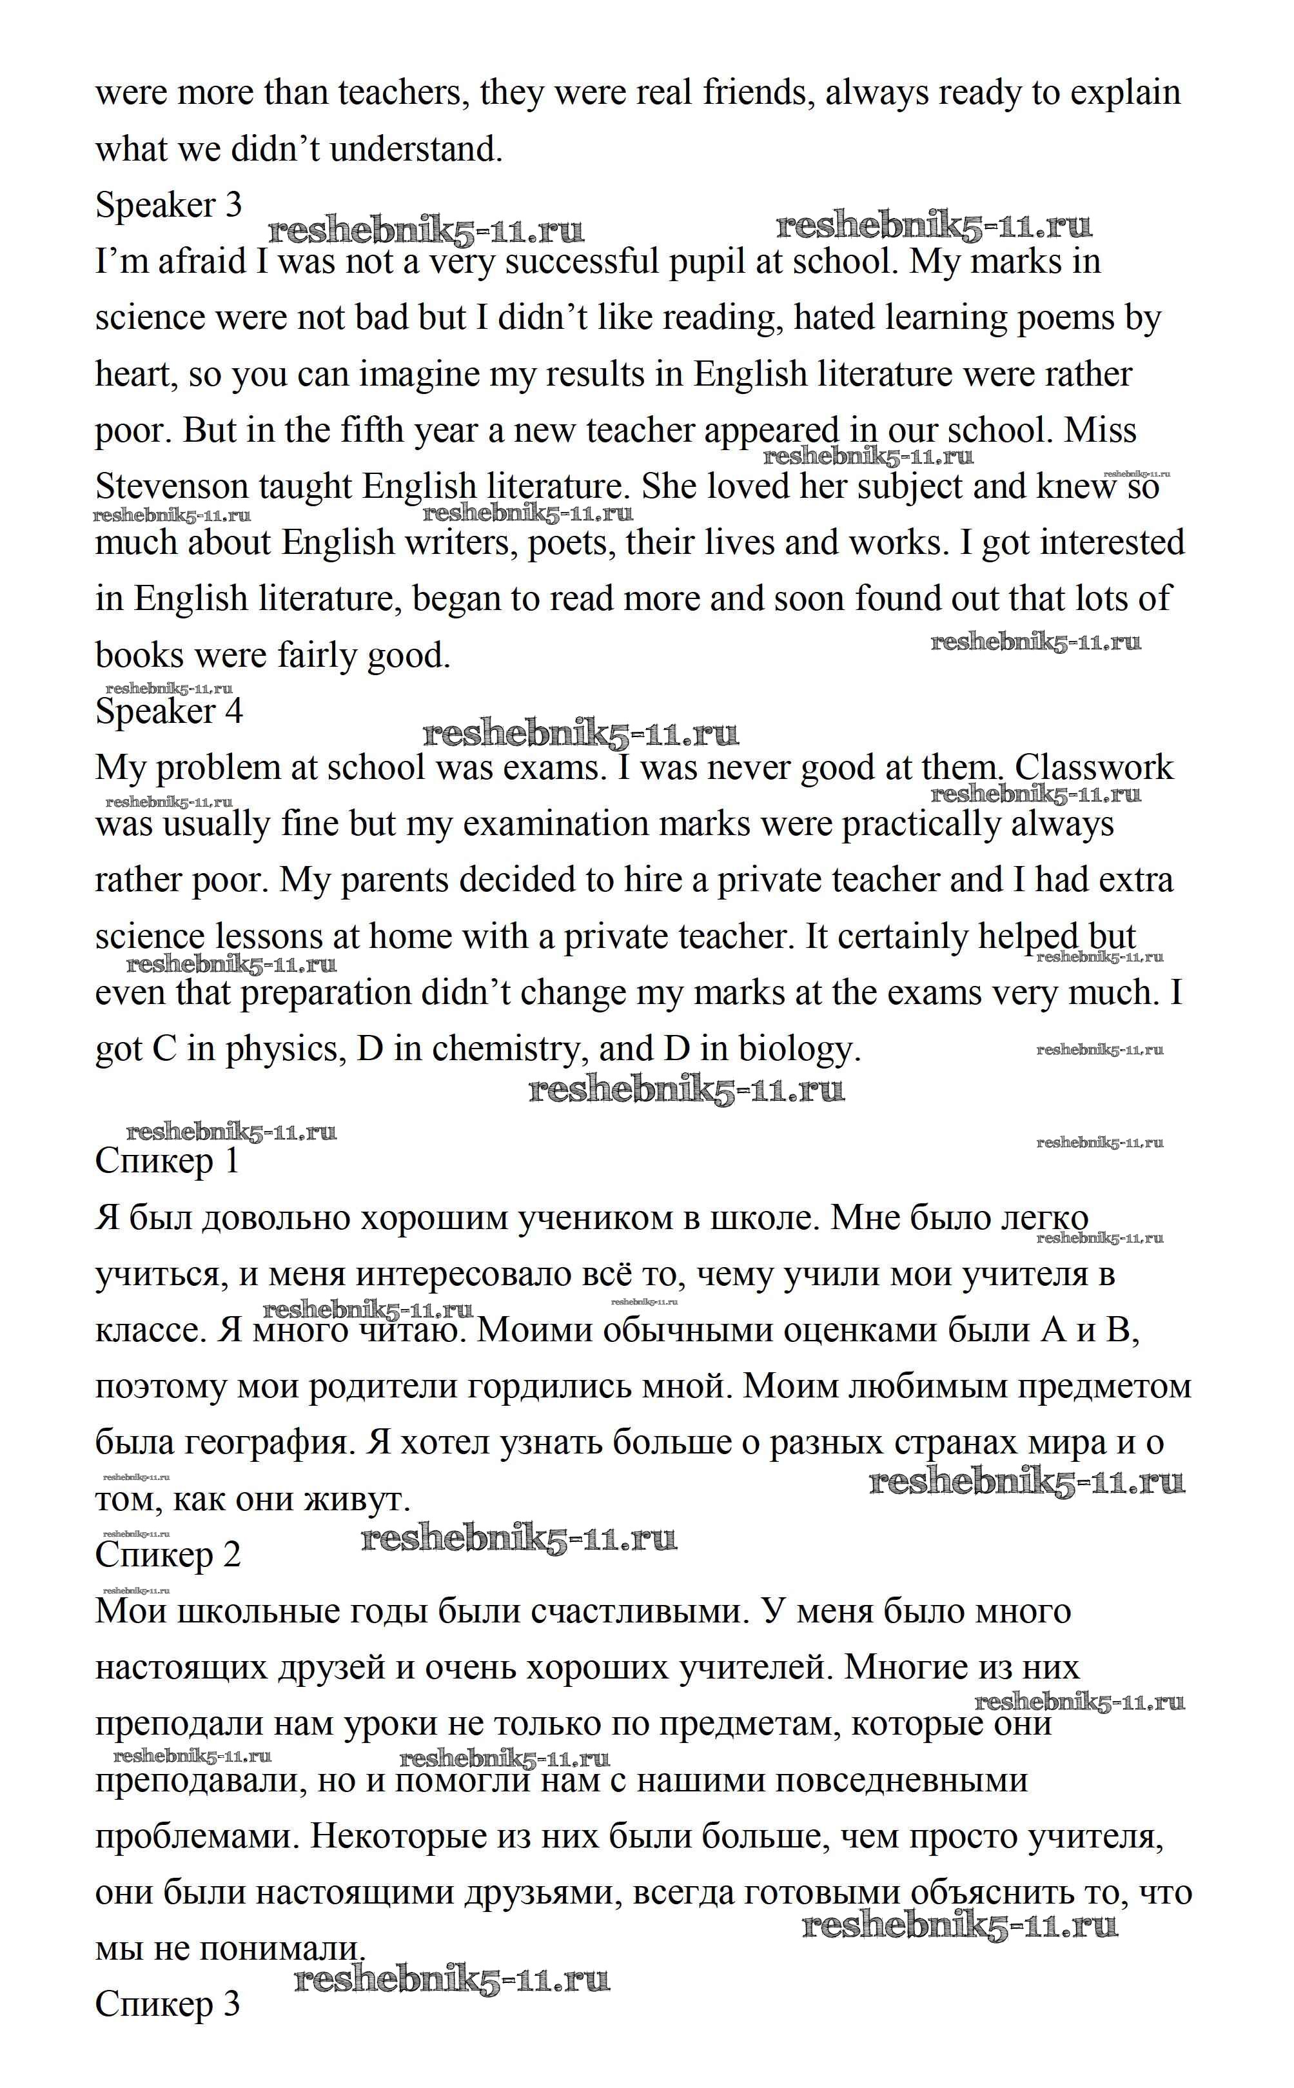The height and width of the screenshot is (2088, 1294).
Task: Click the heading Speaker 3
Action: [x=168, y=205]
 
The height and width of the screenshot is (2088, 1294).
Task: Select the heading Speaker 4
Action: [x=168, y=711]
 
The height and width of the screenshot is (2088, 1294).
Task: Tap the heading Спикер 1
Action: [x=167, y=1161]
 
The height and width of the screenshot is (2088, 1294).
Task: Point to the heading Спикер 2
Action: [x=168, y=1554]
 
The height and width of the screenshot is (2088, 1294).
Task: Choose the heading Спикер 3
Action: [x=168, y=2004]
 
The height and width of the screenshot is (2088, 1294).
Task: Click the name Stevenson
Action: [x=176, y=487]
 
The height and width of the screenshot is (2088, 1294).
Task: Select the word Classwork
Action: [x=1093, y=767]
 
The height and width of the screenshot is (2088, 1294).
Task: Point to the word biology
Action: [x=799, y=1049]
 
